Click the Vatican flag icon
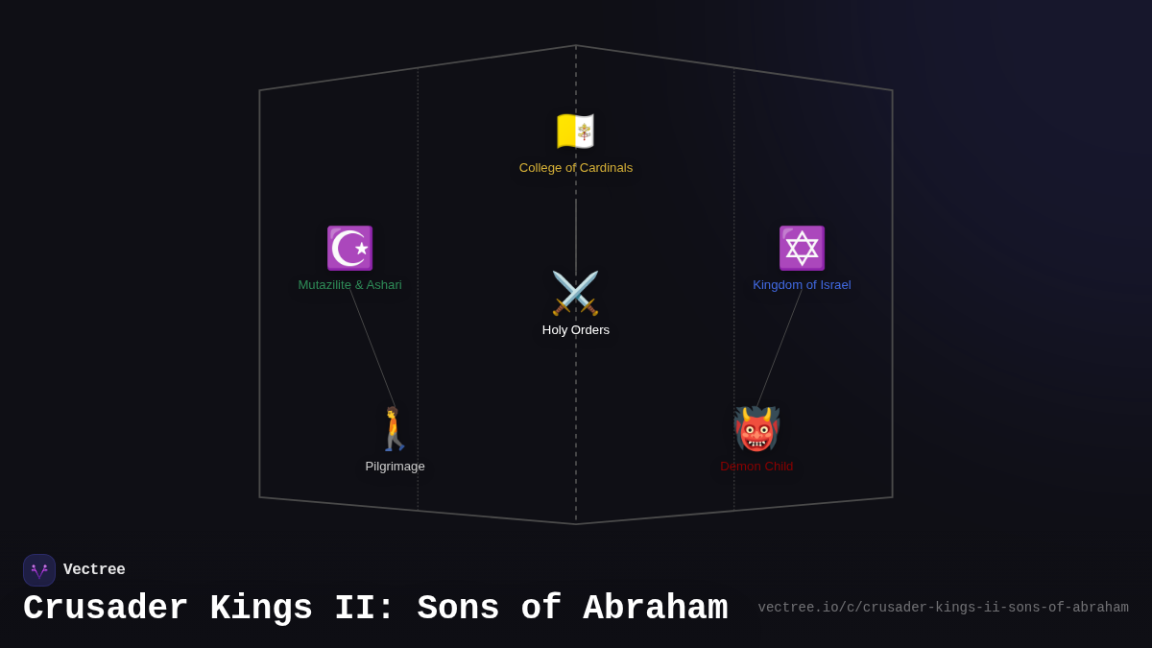(x=576, y=132)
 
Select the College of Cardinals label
(x=576, y=168)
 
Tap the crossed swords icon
(x=575, y=293)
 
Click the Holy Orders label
(x=576, y=330)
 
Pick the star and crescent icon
(x=349, y=248)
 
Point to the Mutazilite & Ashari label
(x=349, y=285)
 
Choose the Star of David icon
(x=802, y=248)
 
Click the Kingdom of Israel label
(x=802, y=285)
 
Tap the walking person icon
(x=395, y=429)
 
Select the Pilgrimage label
(x=395, y=467)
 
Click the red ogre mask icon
(x=756, y=429)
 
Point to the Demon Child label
(x=756, y=467)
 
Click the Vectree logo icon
(x=39, y=570)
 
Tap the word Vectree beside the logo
(x=94, y=570)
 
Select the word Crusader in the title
(x=106, y=609)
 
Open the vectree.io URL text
(x=943, y=608)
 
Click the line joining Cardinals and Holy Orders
(x=576, y=235)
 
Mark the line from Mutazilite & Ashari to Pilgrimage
(x=372, y=348)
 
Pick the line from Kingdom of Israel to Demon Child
(x=780, y=348)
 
